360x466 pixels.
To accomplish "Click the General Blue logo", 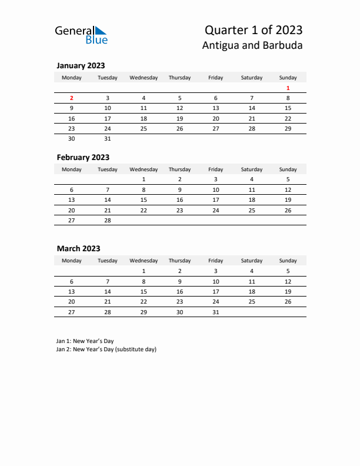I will tap(81, 35).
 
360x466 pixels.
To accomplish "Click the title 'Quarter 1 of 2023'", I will tap(254, 30).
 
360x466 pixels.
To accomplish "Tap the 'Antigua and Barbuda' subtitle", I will tap(252, 45).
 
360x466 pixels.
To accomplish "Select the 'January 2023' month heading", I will tap(81, 66).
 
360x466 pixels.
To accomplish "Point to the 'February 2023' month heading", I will tap(83, 157).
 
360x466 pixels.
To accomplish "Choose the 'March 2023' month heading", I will tap(78, 249).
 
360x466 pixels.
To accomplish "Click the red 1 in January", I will tap(288, 88).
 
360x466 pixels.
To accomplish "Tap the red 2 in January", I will tap(72, 98).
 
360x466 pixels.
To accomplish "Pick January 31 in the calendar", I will tap(108, 139).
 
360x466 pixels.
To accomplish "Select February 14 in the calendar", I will tap(108, 200).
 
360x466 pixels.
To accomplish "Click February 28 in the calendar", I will tap(108, 220).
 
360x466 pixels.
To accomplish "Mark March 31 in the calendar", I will tap(215, 312).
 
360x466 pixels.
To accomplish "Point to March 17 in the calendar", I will tap(215, 291).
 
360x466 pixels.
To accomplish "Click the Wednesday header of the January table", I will tap(144, 78).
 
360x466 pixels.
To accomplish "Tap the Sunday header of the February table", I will tap(288, 169).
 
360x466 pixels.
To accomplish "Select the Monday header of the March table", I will tap(72, 261).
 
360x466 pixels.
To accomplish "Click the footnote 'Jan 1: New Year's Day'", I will tap(85, 341).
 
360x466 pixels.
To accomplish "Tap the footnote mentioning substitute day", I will tap(106, 349).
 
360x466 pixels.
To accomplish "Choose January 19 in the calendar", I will tap(179, 118).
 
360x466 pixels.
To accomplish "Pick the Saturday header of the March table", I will tap(252, 261).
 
